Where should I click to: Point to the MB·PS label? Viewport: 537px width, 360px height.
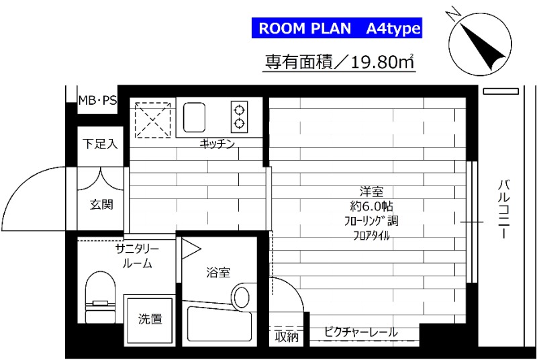pyautogui.click(x=97, y=101)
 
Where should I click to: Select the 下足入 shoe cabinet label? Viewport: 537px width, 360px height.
pyautogui.click(x=100, y=144)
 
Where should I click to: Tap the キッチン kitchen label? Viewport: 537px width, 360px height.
pyautogui.click(x=216, y=144)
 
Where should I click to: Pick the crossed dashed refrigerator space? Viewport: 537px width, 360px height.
pyautogui.click(x=152, y=118)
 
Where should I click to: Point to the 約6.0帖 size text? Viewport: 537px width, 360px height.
pyautogui.click(x=371, y=205)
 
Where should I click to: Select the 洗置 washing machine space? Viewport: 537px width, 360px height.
pyautogui.click(x=150, y=320)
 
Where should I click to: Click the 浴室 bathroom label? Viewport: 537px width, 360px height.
pyautogui.click(x=218, y=272)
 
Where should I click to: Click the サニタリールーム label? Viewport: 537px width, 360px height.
pyautogui.click(x=136, y=256)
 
